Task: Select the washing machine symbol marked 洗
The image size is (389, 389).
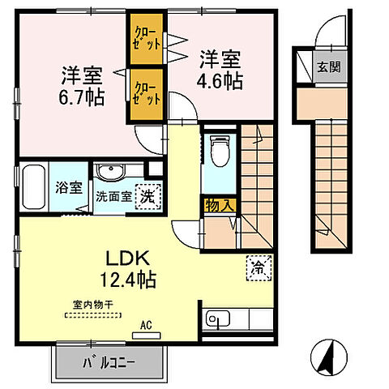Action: [147, 194]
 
